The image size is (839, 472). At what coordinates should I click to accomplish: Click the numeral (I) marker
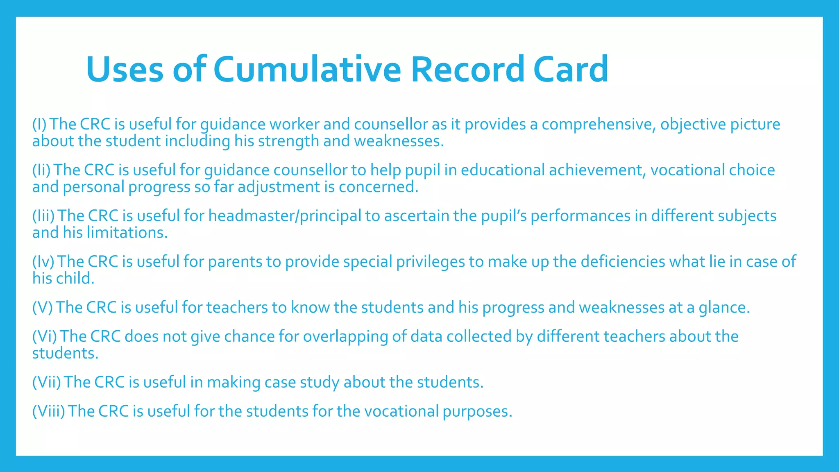[39, 124]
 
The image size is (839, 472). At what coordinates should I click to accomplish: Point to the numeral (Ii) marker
[41, 170]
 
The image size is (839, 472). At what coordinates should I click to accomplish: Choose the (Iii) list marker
[43, 216]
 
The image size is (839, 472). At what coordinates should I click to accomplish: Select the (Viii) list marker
[49, 411]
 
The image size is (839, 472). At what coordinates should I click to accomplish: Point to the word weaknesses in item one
[399, 141]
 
